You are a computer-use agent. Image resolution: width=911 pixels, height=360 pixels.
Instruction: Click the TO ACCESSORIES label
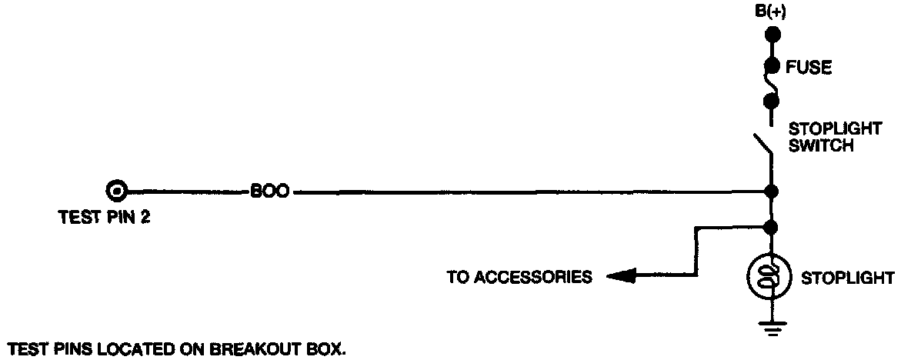pyautogui.click(x=519, y=276)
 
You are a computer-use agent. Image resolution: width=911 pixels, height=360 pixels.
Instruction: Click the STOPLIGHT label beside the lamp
pyautogui.click(x=848, y=277)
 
